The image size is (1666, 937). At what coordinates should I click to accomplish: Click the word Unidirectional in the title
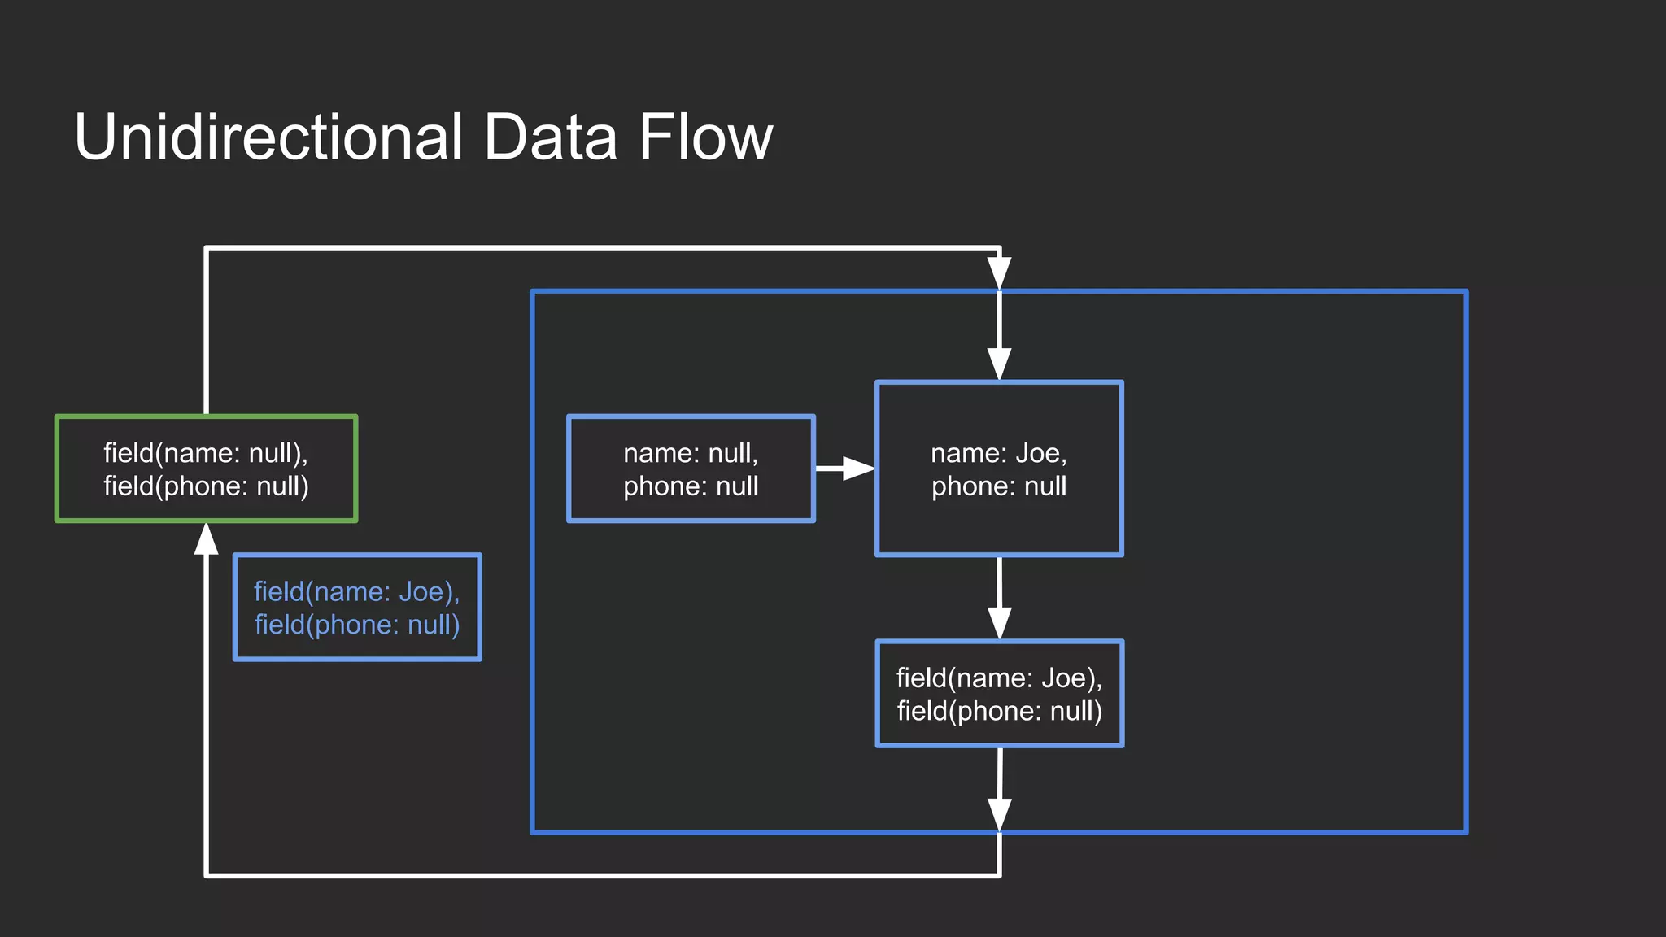[x=268, y=137]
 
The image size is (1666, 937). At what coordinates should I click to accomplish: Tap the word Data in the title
[x=550, y=137]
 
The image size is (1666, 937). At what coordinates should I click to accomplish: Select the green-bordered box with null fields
[x=206, y=468]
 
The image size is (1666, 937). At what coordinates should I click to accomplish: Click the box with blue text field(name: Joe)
[x=357, y=608]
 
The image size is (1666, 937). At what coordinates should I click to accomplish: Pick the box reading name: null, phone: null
[x=691, y=468]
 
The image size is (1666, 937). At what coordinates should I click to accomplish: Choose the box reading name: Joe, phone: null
[x=999, y=468]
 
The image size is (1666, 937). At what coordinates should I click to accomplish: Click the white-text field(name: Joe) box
[x=999, y=694]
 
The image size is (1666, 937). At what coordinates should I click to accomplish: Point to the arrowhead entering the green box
[x=207, y=538]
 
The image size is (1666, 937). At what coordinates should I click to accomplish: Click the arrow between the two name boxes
[x=846, y=468]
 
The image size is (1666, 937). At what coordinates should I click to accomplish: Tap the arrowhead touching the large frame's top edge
[x=999, y=273]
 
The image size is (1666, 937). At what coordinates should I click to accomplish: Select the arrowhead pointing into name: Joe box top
[x=999, y=364]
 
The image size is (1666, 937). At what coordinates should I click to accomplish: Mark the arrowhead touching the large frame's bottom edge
[x=999, y=814]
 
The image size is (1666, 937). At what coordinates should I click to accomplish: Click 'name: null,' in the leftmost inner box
[x=691, y=453]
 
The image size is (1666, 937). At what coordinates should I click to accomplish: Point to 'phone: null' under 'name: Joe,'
[x=999, y=486]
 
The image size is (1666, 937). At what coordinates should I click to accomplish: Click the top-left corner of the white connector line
[x=207, y=248]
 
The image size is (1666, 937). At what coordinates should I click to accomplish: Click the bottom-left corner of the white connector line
[x=207, y=875]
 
